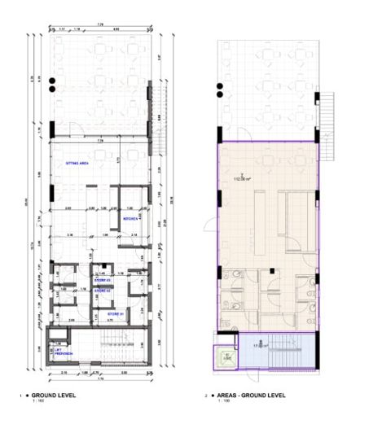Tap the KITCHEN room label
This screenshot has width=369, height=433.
(x=130, y=220)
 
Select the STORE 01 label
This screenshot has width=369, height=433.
(x=115, y=312)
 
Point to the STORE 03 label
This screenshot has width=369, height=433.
(x=103, y=280)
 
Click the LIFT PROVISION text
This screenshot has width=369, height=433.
(x=64, y=353)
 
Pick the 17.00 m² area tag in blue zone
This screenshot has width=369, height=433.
(x=259, y=346)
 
